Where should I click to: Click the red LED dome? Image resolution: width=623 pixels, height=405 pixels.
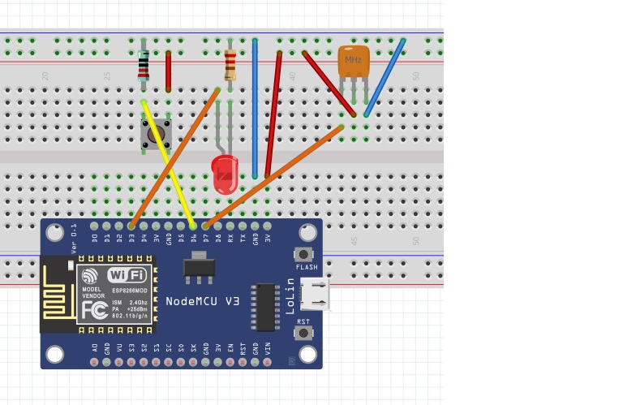[225, 173]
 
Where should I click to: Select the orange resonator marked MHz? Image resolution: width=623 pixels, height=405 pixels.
[354, 60]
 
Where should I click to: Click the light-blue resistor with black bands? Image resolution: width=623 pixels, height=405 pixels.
[144, 66]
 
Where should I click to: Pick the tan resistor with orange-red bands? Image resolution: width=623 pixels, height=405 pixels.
[230, 64]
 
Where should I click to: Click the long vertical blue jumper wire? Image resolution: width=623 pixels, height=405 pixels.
[255, 106]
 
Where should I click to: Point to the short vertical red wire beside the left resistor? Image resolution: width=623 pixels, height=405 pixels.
[169, 71]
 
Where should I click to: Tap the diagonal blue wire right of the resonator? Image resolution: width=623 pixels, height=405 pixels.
[385, 77]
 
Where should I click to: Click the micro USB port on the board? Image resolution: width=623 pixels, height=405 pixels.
[316, 294]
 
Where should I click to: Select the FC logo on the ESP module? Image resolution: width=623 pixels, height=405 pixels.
[92, 312]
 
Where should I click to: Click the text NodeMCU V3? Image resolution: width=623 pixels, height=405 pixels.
[203, 301]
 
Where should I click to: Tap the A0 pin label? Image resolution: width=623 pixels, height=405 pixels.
[95, 349]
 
